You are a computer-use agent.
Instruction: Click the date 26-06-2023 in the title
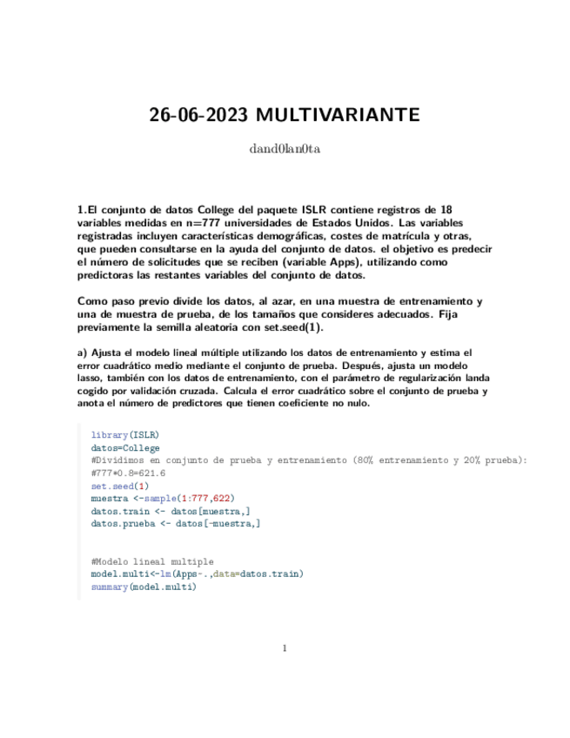[x=191, y=115]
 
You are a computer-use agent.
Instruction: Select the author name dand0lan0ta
[x=285, y=149]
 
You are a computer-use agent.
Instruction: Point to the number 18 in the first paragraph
[x=447, y=210]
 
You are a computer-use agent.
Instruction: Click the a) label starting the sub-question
[x=84, y=352]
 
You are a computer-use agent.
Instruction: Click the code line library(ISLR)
[x=125, y=433]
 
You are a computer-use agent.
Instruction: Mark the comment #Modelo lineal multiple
[x=152, y=562]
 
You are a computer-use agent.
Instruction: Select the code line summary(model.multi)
[x=144, y=587]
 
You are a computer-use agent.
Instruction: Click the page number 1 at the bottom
[x=285, y=647]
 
